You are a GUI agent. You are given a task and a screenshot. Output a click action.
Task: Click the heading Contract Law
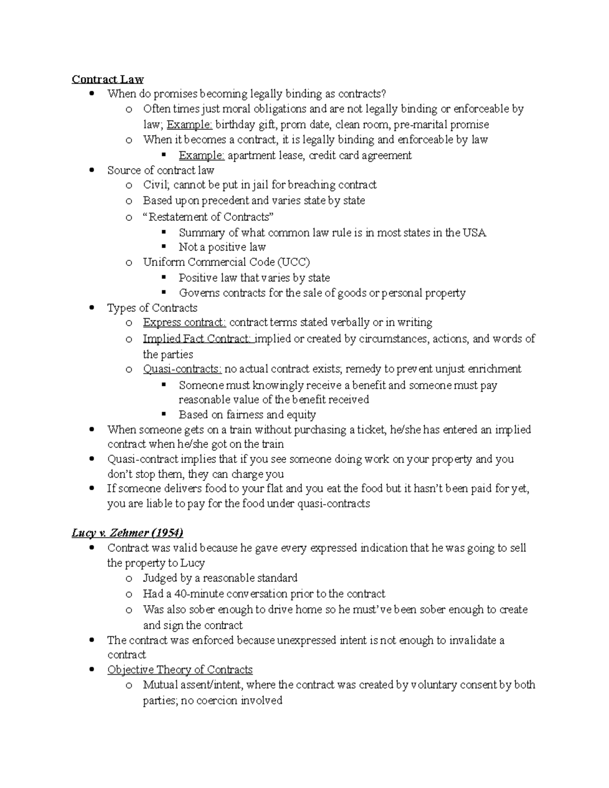tap(108, 79)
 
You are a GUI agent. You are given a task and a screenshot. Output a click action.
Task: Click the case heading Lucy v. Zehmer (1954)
tap(127, 533)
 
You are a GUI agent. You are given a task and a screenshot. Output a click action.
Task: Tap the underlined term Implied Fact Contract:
tap(197, 338)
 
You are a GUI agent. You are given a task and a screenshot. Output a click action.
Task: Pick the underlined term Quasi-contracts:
tap(182, 369)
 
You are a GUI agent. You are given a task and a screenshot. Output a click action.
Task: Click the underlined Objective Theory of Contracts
tap(180, 670)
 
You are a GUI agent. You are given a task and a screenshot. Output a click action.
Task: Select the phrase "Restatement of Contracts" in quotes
tap(209, 217)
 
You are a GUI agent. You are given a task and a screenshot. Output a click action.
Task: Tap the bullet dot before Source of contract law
tap(92, 170)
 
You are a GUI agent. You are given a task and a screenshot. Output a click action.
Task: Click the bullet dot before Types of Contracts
tap(92, 308)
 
